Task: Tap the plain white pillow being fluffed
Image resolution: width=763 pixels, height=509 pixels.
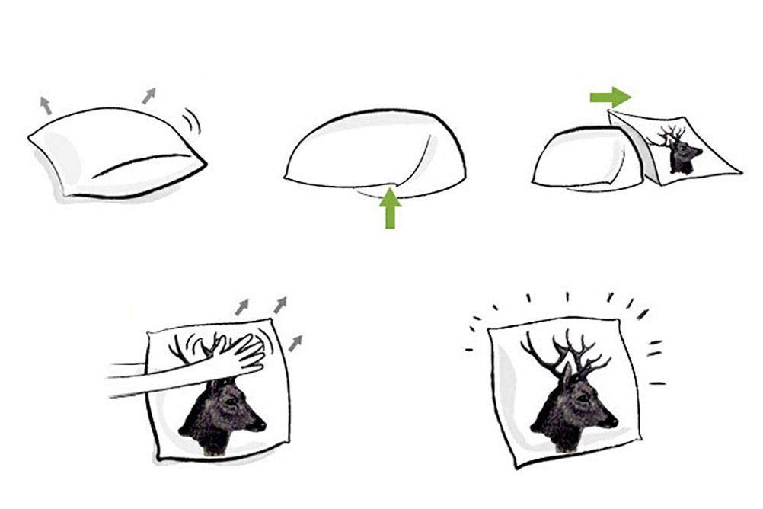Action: click(x=114, y=152)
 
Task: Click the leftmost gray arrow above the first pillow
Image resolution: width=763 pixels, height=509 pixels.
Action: click(x=46, y=105)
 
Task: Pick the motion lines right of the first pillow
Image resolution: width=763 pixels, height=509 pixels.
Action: click(x=193, y=120)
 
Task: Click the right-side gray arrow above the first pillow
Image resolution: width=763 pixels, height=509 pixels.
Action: click(x=148, y=96)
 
